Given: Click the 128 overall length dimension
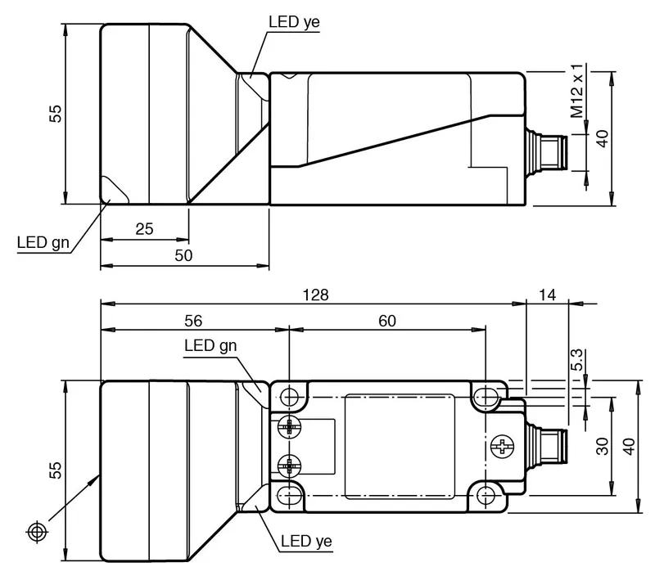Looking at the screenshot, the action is click(315, 295).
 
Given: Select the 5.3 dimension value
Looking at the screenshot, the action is click(576, 360).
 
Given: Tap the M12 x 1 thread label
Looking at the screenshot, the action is click(577, 91).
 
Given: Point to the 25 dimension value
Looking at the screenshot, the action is click(145, 229).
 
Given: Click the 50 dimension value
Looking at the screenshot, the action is click(183, 255).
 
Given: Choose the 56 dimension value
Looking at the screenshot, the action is click(193, 321).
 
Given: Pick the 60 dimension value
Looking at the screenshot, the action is click(387, 321).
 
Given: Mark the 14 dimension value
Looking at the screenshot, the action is click(547, 295).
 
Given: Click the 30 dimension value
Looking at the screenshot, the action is click(603, 446).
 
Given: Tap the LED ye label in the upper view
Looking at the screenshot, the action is click(294, 22).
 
